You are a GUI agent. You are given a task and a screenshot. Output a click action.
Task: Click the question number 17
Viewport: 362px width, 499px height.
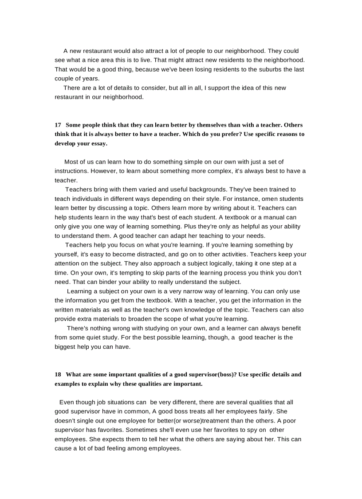(58, 125)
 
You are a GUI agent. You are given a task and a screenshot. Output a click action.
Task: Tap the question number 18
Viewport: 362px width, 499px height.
(58, 375)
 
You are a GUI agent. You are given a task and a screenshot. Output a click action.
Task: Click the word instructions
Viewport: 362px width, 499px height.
(71, 171)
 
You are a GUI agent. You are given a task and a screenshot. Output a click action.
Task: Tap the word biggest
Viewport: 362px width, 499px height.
(66, 347)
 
